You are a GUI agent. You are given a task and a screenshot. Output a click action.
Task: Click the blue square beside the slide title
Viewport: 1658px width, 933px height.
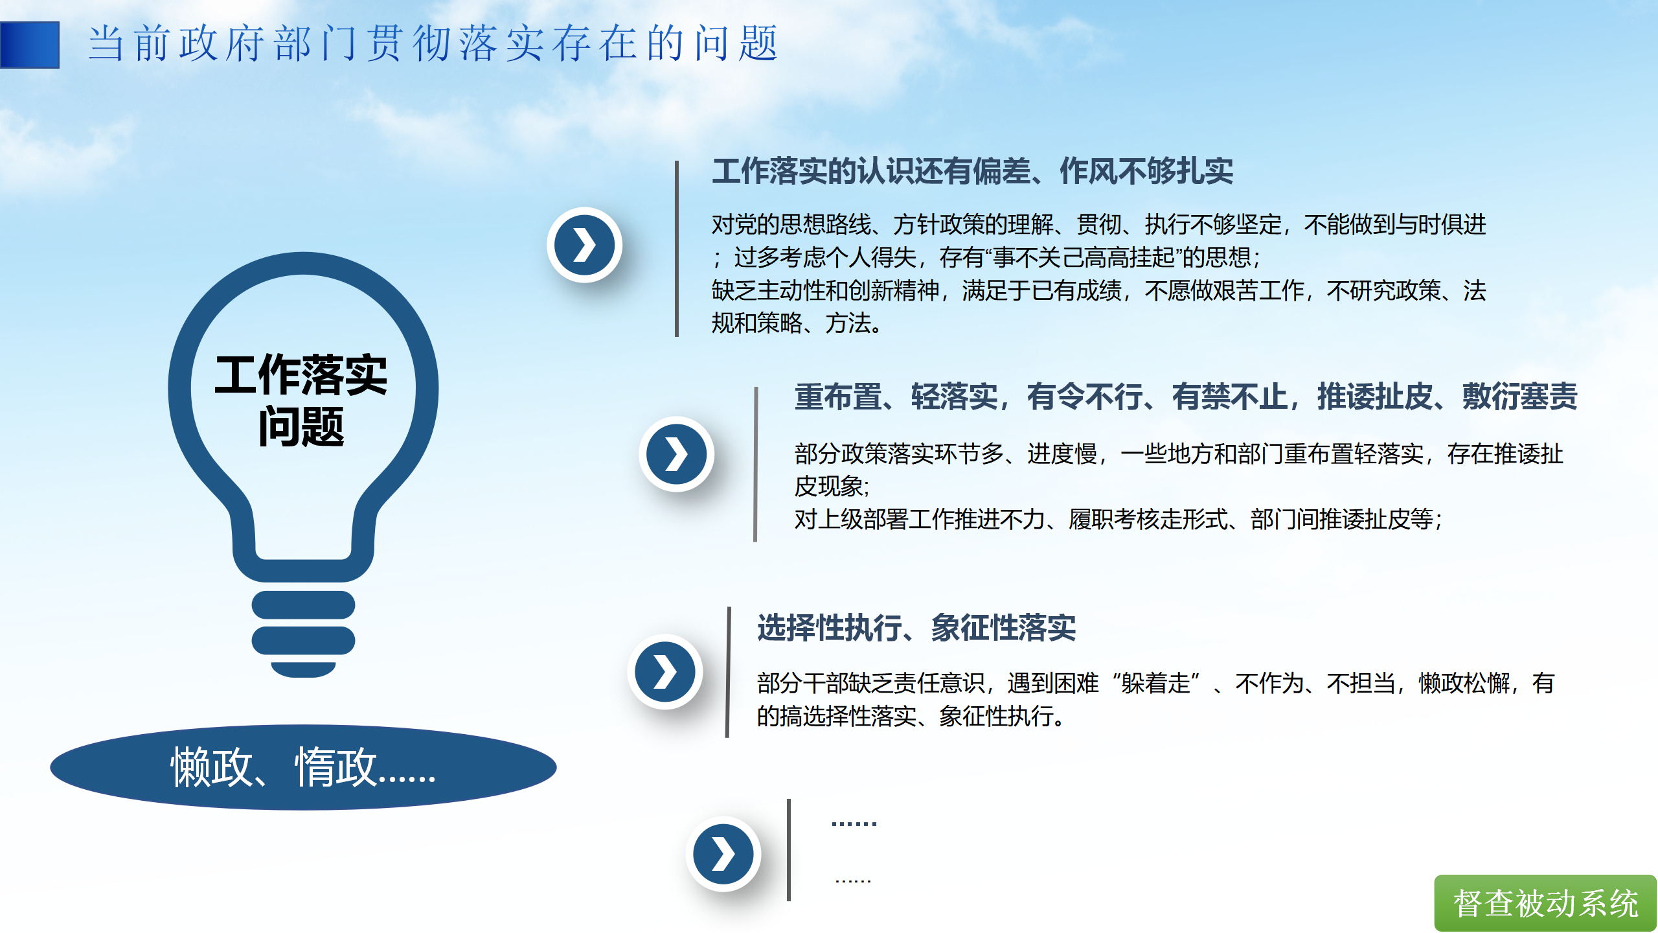coord(30,45)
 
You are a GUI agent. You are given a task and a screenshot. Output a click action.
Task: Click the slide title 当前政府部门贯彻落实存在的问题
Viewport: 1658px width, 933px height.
coord(433,44)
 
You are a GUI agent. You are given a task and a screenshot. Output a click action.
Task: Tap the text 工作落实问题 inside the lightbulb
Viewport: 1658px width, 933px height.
coord(301,400)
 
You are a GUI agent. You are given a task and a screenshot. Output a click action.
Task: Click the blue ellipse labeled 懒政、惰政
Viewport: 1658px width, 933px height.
coord(303,767)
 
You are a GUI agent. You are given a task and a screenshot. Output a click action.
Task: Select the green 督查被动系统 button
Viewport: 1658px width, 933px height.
coord(1545,903)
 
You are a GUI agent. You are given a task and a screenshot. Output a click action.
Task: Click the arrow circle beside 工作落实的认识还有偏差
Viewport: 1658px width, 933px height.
coord(584,245)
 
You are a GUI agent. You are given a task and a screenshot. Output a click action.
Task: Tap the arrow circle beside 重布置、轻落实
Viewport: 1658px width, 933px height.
coord(676,454)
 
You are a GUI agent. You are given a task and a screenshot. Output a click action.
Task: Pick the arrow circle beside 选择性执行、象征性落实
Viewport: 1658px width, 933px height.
coord(664,672)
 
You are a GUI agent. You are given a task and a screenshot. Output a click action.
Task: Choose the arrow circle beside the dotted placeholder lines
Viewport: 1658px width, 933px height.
coord(723,854)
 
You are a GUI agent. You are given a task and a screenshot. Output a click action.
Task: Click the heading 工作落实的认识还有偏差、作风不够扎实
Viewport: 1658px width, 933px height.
coord(973,172)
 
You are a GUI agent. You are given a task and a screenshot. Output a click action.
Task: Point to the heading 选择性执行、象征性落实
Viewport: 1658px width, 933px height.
coord(916,628)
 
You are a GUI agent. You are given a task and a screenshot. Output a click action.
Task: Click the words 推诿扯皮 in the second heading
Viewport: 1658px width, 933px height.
coord(1374,397)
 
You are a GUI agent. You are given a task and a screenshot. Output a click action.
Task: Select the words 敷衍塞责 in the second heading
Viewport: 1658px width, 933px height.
coord(1520,397)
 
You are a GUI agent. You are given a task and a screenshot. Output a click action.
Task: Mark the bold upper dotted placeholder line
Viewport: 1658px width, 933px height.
coord(854,824)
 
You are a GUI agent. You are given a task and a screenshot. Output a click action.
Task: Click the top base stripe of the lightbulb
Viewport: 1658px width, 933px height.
coord(303,605)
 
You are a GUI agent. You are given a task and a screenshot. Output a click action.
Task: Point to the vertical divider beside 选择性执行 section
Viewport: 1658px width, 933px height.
coord(729,672)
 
